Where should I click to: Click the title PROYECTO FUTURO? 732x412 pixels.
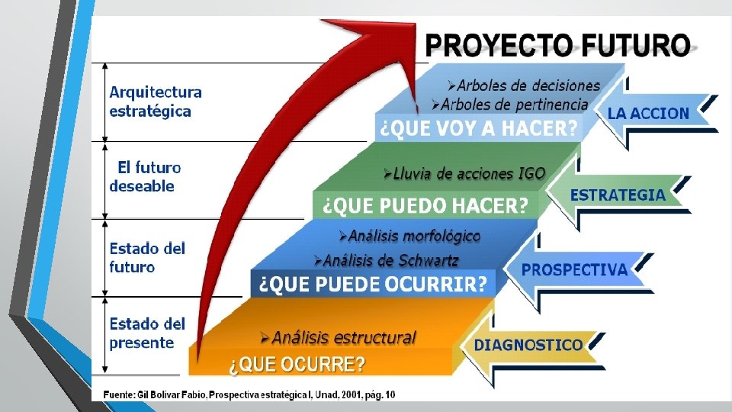558,45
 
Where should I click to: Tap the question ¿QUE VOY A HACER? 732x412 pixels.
479,127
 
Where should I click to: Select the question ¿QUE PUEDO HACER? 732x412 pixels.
425,205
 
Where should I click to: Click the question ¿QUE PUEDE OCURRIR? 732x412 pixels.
373,284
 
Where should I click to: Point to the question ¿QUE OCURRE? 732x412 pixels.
297,364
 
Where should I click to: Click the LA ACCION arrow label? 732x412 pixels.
648,113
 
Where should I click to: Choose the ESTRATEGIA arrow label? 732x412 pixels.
618,195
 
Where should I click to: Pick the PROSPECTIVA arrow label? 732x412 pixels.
574,269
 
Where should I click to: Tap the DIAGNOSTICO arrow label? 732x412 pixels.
528,345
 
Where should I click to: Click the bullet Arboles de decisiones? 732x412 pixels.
524,85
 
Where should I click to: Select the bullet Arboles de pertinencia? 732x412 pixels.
510,105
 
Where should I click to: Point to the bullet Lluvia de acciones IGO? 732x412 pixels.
464,174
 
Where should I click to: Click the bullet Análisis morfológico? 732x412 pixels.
409,236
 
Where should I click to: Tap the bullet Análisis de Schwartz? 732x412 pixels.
386,260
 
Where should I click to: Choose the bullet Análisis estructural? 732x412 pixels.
339,337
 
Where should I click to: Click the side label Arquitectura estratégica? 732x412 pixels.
156,101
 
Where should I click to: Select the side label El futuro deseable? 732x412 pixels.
145,176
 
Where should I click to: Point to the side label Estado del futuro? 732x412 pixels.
147,257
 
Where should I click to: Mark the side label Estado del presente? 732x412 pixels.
147,333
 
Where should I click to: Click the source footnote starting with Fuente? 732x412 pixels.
249,394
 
